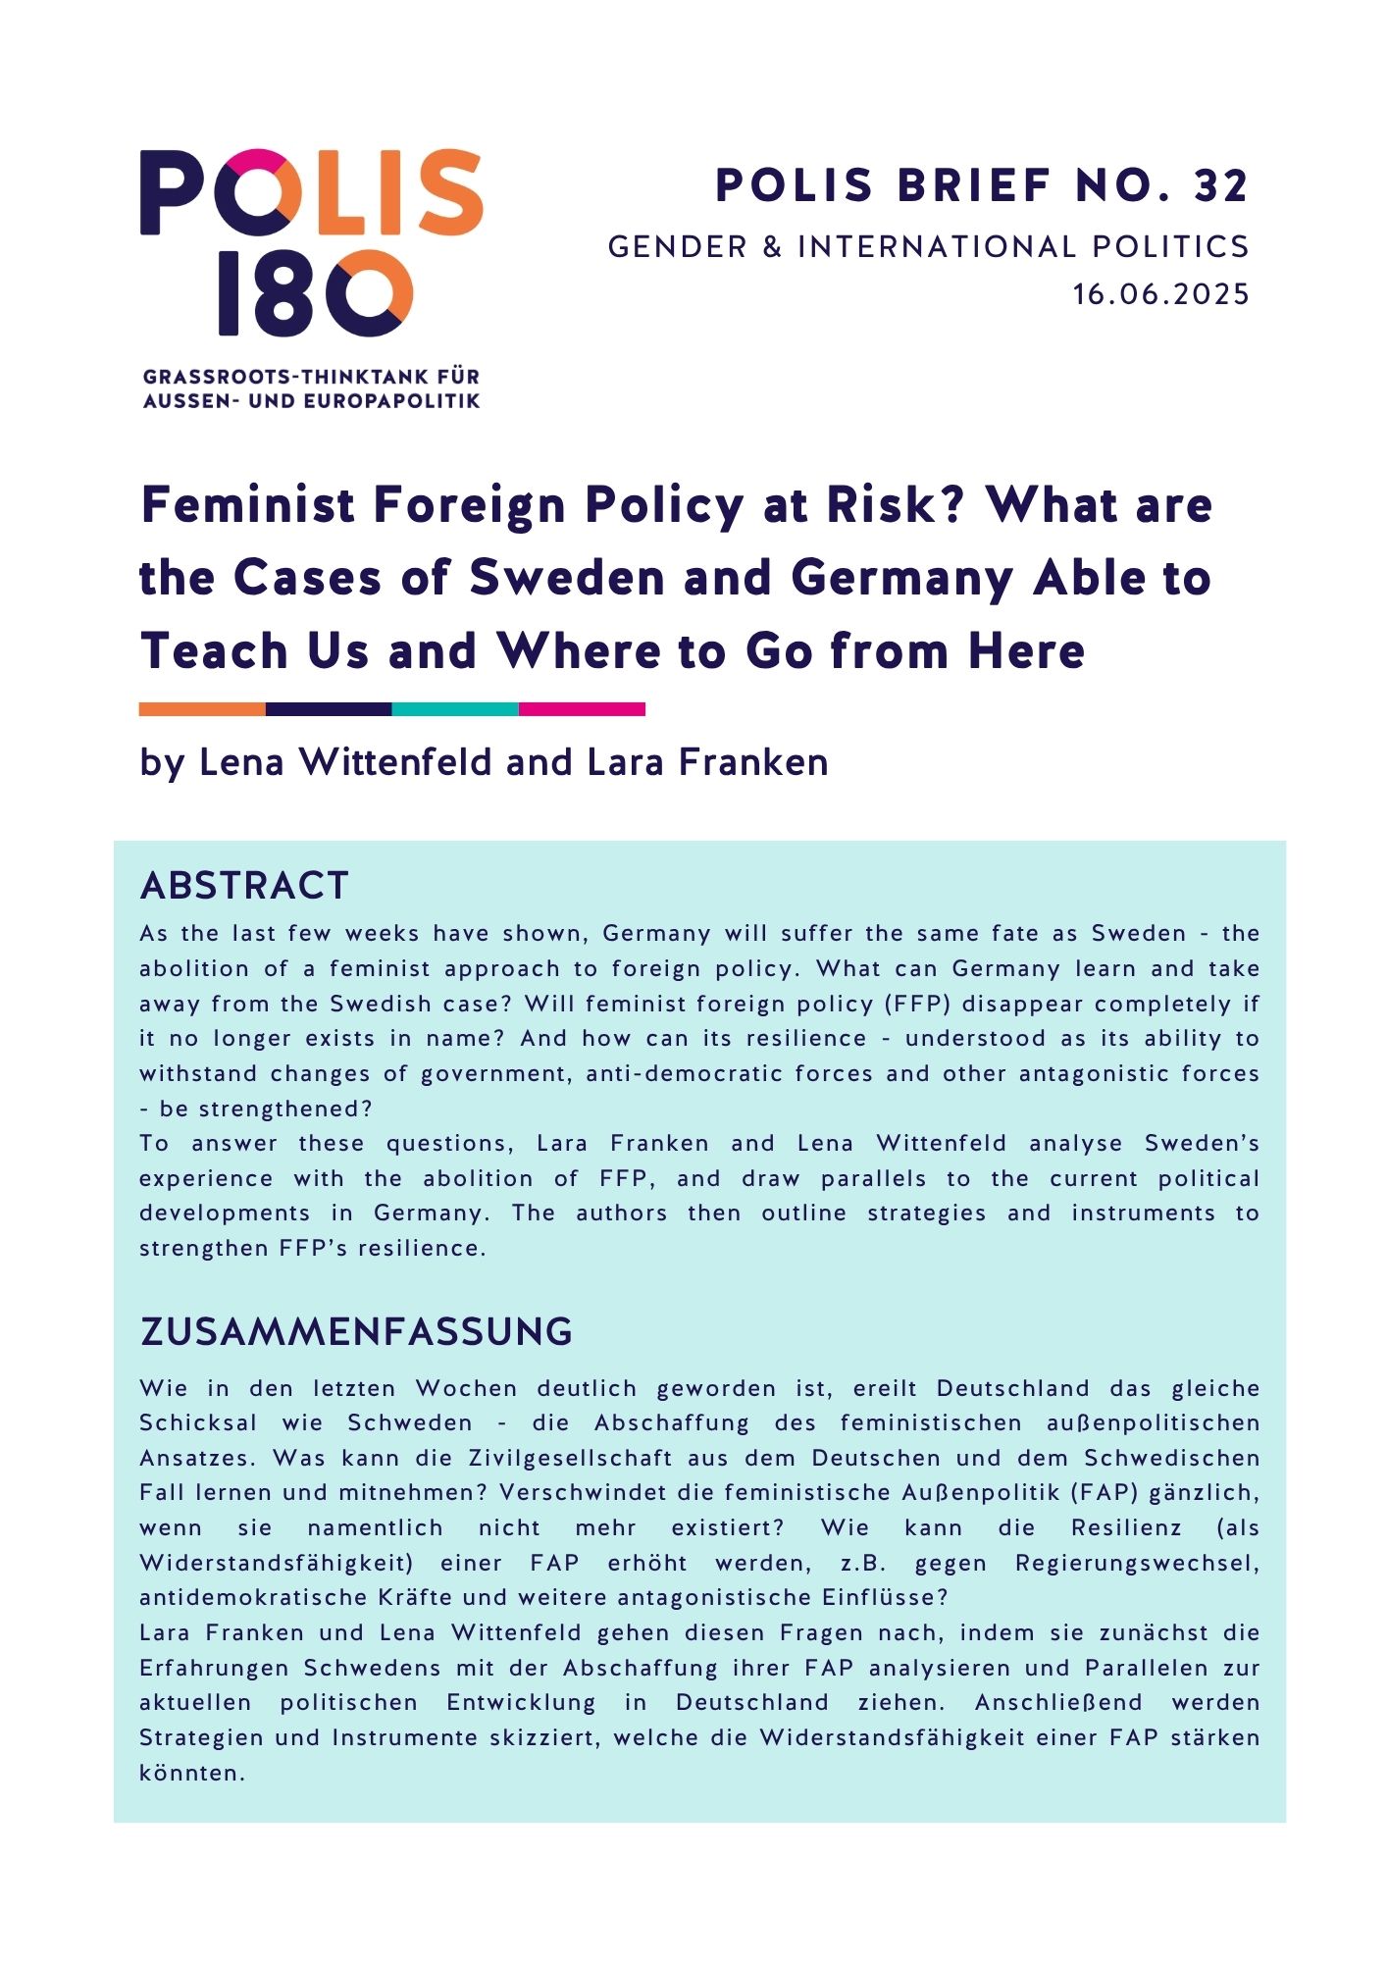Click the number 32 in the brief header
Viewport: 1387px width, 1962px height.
1220,185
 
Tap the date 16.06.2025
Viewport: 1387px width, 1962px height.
1161,294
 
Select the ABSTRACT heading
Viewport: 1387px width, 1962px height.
244,886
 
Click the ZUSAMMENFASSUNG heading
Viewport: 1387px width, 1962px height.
356,1332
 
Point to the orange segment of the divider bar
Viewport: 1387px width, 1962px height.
202,709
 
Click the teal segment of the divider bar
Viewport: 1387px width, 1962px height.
455,709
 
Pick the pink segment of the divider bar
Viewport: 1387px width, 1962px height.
582,709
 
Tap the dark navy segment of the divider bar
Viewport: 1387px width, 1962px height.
329,709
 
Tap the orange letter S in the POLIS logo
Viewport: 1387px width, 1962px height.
445,192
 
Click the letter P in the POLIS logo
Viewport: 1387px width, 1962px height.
174,192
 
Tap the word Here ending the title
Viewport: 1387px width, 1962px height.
1025,650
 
